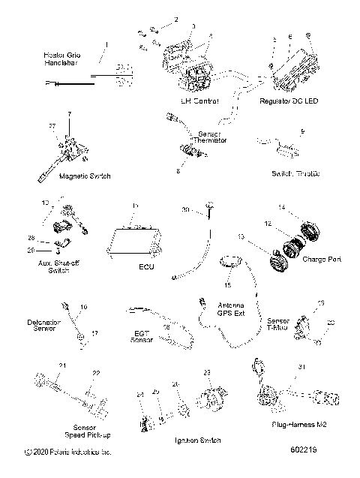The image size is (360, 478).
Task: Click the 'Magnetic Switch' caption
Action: tap(83, 176)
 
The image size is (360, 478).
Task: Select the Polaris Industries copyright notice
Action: tap(67, 452)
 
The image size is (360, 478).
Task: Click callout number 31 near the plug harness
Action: tap(301, 366)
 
